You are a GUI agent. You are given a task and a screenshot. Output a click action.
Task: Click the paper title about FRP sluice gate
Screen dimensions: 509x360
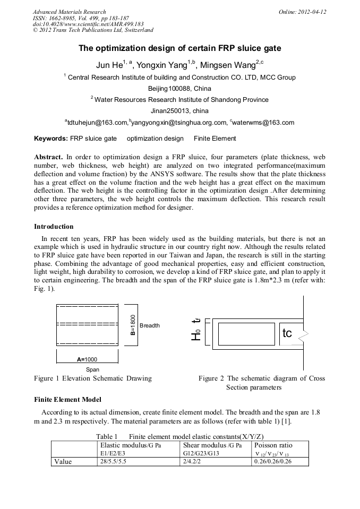179,48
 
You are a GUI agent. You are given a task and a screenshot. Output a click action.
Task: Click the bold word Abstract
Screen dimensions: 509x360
48,158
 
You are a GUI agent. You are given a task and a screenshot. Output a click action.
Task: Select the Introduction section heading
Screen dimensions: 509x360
54,227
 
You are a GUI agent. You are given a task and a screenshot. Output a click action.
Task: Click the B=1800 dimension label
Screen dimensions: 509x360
133,325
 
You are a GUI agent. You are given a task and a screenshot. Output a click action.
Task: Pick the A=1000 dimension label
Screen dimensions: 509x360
87,359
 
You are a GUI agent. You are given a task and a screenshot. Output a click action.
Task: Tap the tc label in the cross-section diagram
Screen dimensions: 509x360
287,333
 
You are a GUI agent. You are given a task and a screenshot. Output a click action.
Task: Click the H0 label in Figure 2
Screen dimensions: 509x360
198,335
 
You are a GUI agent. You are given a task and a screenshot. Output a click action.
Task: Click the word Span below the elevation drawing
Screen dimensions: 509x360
92,369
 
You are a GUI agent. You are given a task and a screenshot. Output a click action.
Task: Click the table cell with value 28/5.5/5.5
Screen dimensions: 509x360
114,462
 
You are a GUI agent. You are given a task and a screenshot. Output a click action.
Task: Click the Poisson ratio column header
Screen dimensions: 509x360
274,445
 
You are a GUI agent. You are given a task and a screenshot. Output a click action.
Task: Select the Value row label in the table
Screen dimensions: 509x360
63,462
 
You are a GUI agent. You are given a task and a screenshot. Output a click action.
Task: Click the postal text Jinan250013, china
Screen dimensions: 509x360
179,111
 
